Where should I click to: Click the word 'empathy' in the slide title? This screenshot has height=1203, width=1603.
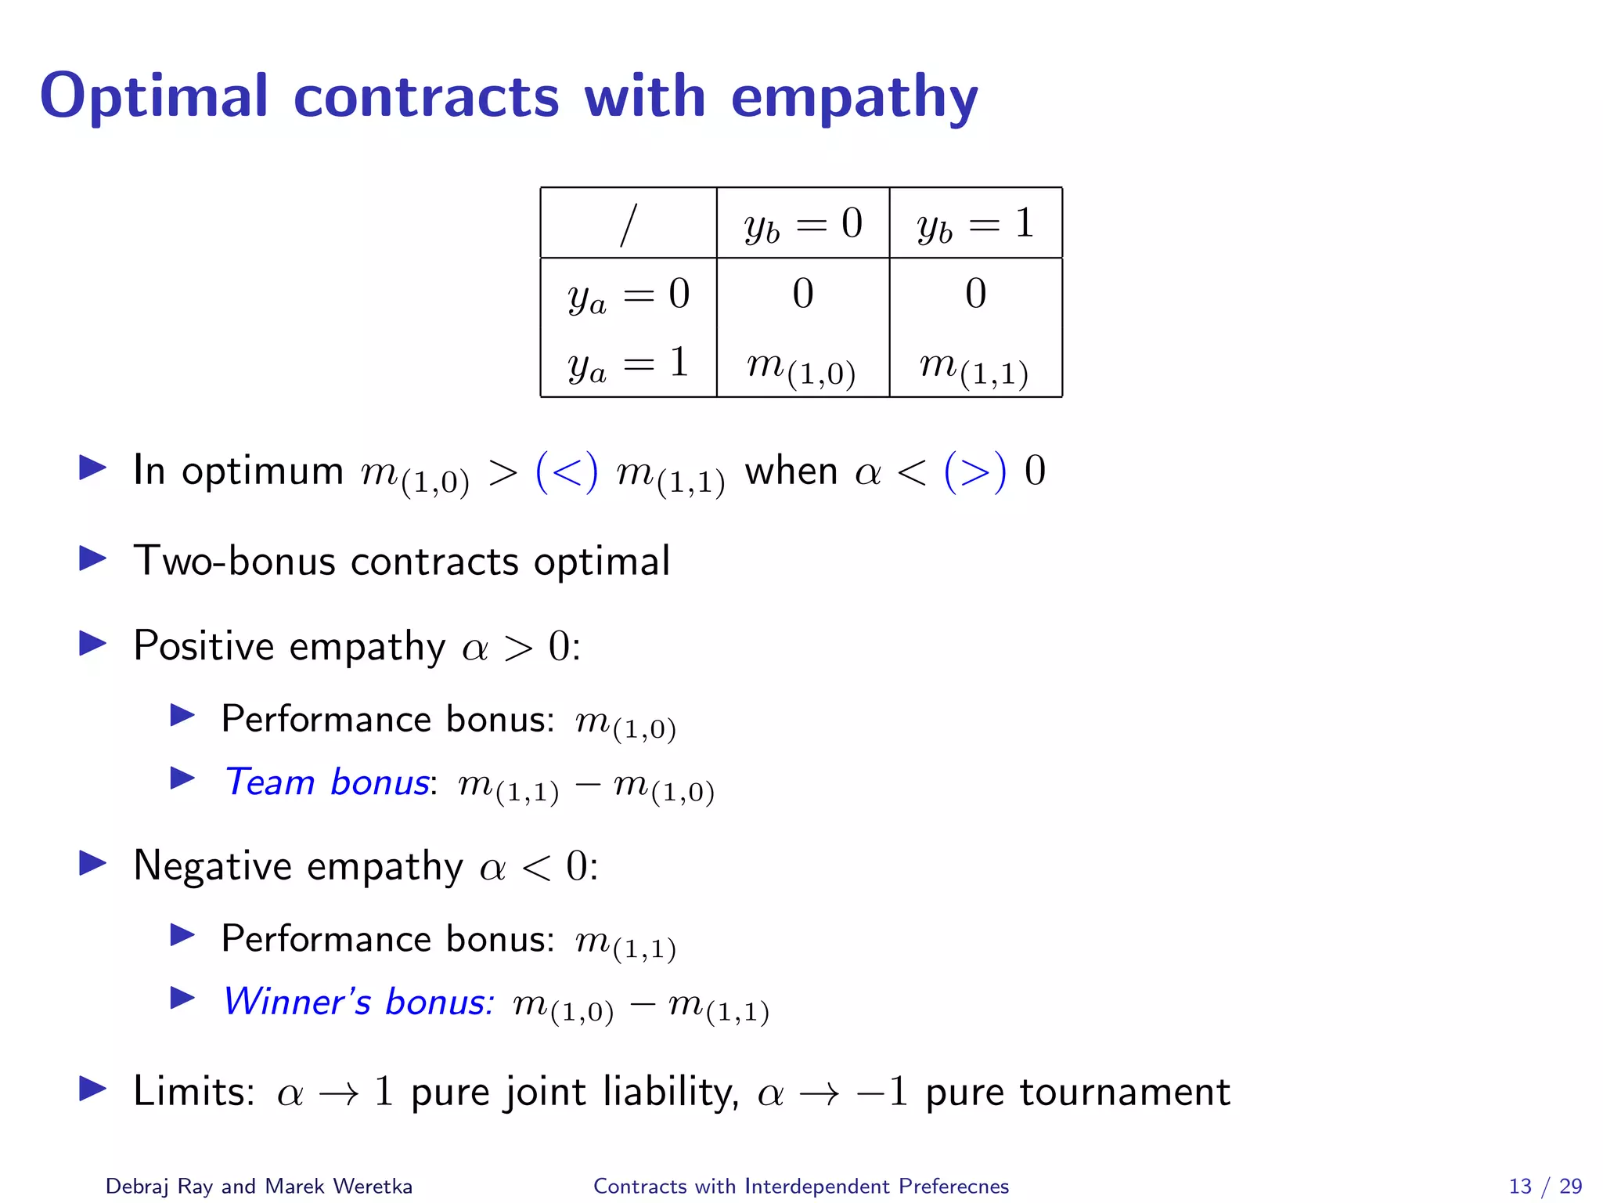coord(854,98)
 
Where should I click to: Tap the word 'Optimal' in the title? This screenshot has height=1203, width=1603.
coord(154,96)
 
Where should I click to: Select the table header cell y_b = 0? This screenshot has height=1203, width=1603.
coord(803,224)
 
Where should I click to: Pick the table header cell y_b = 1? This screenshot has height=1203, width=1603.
coord(975,224)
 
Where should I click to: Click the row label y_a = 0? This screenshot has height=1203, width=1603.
coord(629,294)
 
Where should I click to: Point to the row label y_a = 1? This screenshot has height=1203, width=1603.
coord(629,363)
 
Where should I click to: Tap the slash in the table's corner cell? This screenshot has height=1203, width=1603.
coord(628,226)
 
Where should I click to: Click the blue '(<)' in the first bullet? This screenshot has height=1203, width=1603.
coord(567,471)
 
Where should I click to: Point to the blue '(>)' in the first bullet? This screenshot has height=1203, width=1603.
coord(975,471)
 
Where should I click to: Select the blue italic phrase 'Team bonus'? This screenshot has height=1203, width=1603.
coord(326,782)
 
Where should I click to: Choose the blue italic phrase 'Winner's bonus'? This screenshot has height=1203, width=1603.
coord(358,1001)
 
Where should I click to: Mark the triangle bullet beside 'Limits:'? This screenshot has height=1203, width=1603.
coord(93,1089)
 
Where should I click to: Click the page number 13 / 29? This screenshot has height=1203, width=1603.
coord(1545,1186)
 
